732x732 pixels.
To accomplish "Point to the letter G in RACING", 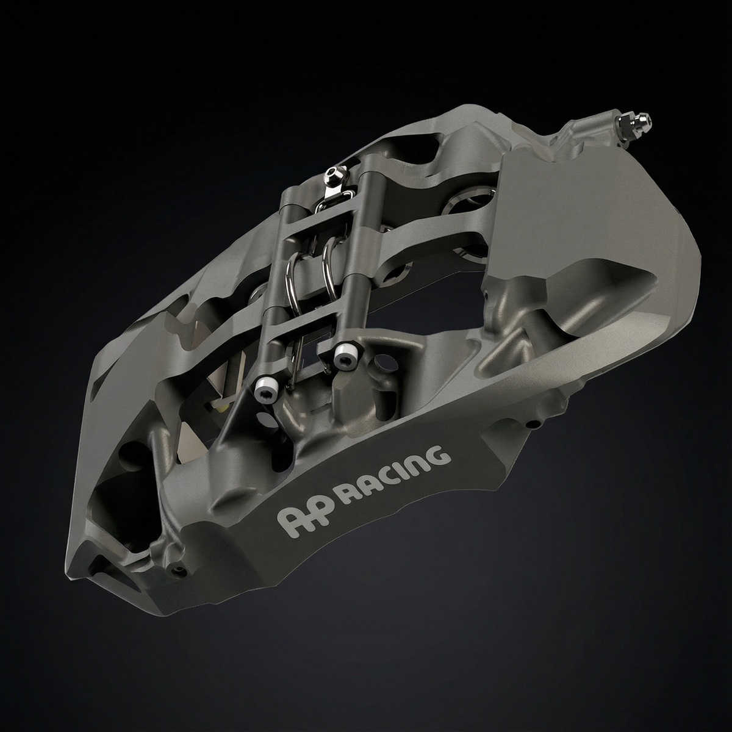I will (x=443, y=455).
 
